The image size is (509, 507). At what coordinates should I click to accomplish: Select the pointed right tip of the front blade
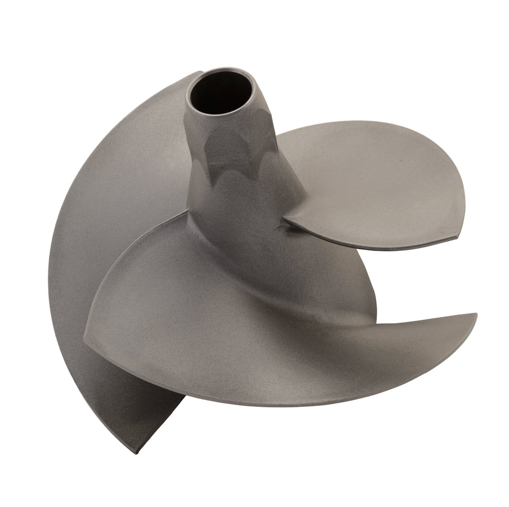476,315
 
